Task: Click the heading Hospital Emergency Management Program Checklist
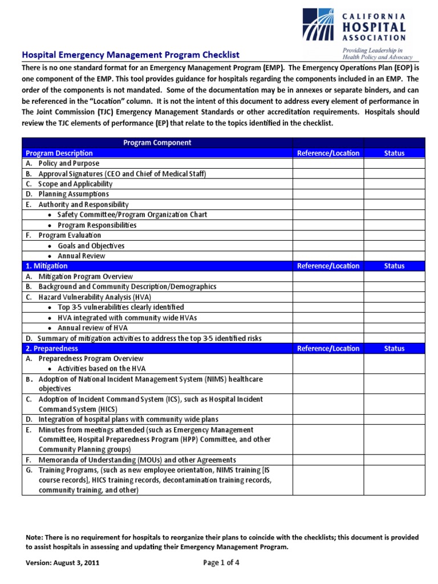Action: click(131, 55)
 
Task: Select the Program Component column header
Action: click(157, 143)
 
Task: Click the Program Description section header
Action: click(59, 153)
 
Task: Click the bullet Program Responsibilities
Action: click(97, 225)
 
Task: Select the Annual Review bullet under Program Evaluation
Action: click(82, 255)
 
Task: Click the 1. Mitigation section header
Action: click(47, 266)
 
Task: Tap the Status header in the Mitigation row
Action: click(394, 266)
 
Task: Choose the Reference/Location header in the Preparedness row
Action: click(328, 348)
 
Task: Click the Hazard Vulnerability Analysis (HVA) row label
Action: click(95, 297)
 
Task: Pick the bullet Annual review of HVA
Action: click(92, 327)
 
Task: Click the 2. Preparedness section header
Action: click(52, 348)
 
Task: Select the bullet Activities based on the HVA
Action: click(102, 368)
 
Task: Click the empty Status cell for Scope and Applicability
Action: click(394, 184)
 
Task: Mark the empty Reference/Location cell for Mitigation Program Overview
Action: click(328, 276)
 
